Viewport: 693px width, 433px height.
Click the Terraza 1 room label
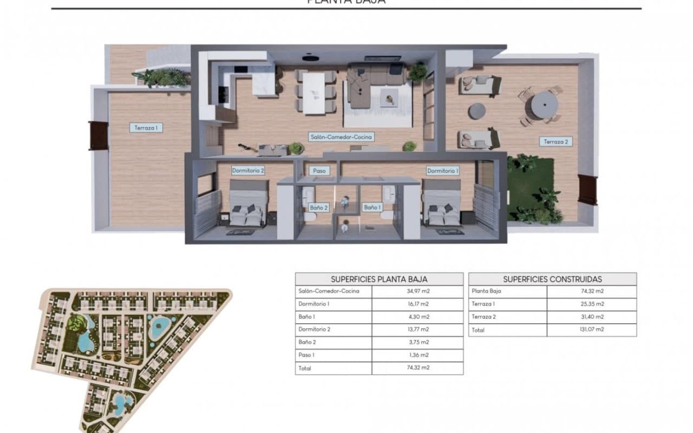coord(146,128)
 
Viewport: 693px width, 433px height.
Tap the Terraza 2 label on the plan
coord(557,142)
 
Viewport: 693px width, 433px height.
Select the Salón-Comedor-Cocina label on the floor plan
coord(341,137)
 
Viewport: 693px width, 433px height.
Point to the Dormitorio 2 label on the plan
coord(248,170)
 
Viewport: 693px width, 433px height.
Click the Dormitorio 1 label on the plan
coord(443,170)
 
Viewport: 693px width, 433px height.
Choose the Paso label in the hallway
coord(319,170)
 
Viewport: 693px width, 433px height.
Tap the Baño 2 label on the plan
coord(318,207)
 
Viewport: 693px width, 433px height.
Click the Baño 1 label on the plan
coord(372,207)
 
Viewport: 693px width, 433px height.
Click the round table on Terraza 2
coord(543,105)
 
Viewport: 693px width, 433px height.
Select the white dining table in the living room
coord(313,93)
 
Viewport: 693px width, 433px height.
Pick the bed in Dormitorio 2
coord(247,206)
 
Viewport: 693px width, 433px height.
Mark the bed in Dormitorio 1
coord(442,206)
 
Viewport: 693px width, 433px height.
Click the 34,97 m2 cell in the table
coord(417,291)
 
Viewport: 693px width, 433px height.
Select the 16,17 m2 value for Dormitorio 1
coord(417,304)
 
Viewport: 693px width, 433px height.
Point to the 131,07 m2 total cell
coord(592,330)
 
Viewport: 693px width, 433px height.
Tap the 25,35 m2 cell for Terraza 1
coord(592,304)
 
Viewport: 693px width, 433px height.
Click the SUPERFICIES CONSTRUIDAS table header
coord(552,279)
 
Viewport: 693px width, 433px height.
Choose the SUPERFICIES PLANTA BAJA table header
coord(379,279)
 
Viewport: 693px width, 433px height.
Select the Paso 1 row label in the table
coord(307,356)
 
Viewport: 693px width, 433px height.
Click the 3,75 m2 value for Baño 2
coord(417,343)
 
